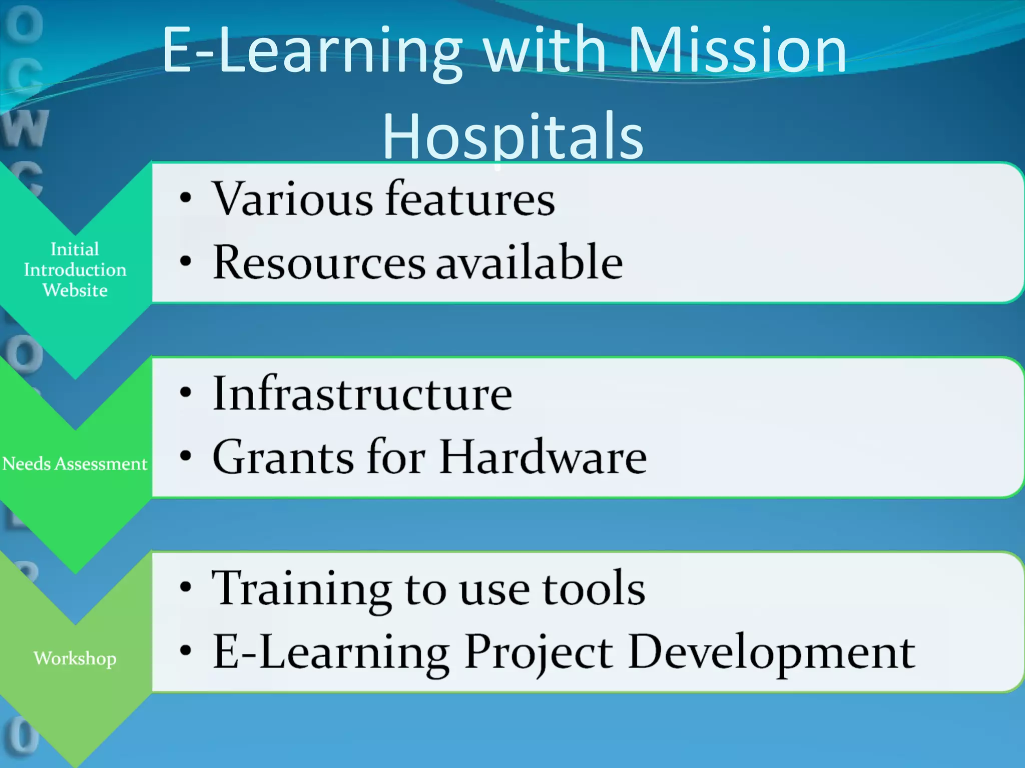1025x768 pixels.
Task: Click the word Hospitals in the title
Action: point(513,136)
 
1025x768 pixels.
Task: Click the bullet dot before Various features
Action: point(186,198)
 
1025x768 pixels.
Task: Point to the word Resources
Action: point(319,262)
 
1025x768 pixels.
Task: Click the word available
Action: point(530,262)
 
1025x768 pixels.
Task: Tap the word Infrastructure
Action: point(362,394)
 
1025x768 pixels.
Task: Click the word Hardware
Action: point(543,457)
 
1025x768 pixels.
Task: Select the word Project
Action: point(539,653)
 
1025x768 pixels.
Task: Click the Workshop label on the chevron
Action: point(75,658)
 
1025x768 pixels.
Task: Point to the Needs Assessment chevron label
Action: point(75,464)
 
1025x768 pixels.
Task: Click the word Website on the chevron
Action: point(75,290)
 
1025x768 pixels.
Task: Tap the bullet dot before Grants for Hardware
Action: point(186,456)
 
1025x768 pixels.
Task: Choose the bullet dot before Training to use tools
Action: point(186,587)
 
